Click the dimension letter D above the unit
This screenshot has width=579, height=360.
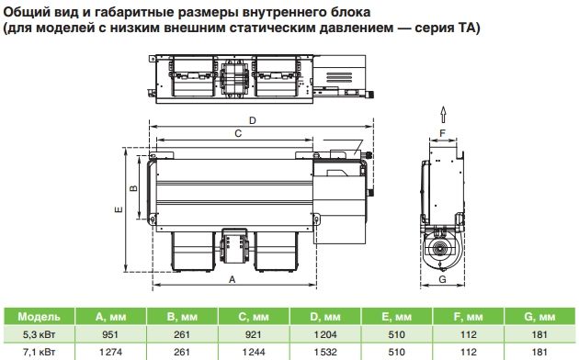(253, 120)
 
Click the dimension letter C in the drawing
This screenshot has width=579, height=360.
(238, 133)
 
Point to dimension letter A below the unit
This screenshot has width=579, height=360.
(232, 279)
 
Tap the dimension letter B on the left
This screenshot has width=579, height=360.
(133, 187)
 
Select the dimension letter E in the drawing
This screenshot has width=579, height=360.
(119, 209)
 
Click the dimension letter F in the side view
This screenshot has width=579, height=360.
(443, 133)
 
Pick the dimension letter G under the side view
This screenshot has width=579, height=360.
(442, 279)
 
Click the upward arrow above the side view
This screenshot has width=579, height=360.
(443, 115)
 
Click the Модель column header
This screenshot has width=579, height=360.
(39, 317)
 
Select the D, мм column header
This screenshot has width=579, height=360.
(325, 317)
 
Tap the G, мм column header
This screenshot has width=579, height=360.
(539, 317)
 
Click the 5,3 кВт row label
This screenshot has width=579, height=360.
(39, 334)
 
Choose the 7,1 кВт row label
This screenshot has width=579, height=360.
(39, 353)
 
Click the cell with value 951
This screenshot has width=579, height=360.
(110, 334)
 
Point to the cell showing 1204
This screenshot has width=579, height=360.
(325, 334)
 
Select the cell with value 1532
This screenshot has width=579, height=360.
(325, 353)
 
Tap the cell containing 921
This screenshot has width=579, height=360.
(254, 334)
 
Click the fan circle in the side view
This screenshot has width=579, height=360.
(439, 250)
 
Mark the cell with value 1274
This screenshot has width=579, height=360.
(110, 353)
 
